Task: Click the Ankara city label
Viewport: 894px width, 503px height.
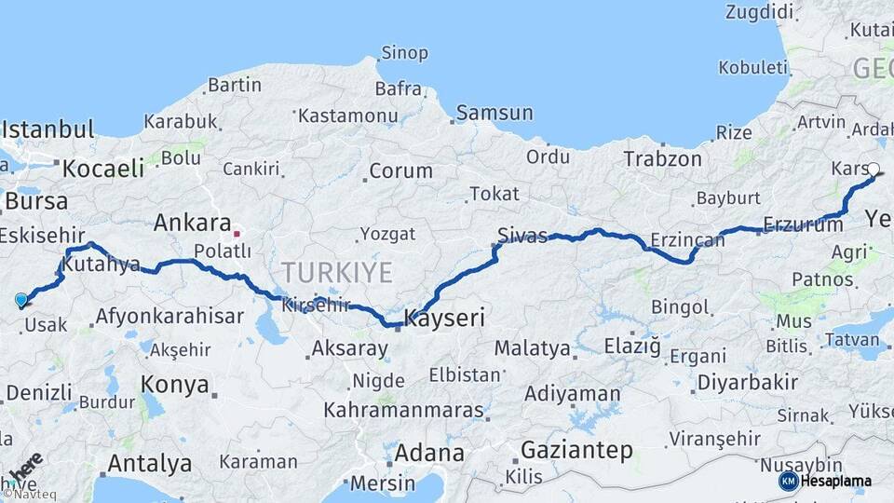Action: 192,224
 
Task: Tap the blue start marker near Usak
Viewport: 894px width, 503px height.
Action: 21,300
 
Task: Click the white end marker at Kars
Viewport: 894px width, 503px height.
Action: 874,170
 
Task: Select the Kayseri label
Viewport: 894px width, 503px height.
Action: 444,319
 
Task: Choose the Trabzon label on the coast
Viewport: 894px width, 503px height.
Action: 662,159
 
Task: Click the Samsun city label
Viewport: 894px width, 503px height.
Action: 494,113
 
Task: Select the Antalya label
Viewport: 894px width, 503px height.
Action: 149,463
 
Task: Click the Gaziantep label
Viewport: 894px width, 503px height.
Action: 576,451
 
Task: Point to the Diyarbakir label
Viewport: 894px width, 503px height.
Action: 748,382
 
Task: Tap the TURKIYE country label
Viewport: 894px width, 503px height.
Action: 336,272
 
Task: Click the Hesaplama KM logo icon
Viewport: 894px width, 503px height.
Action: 788,481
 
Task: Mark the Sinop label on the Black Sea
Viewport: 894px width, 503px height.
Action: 405,53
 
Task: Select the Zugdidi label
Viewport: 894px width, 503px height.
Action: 759,12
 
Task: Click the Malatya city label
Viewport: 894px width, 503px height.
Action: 532,348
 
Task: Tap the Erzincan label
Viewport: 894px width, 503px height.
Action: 687,240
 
